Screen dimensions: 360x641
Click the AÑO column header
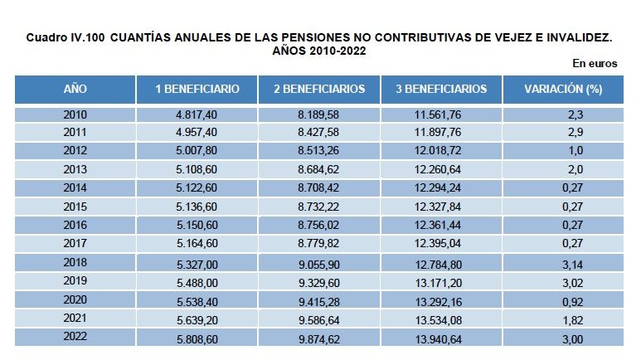click(x=75, y=89)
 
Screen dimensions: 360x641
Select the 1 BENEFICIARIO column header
click(x=197, y=89)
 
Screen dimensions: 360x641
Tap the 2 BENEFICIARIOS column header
click(x=318, y=89)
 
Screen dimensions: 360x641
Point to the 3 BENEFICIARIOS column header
click(x=441, y=89)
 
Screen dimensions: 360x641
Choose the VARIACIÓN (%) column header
click(x=563, y=89)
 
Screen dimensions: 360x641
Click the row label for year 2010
click(x=75, y=114)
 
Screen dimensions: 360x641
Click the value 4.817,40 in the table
click(x=197, y=114)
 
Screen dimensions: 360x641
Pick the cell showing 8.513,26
click(x=318, y=151)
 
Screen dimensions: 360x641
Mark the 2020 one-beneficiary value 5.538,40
click(x=197, y=301)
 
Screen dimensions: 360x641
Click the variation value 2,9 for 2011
click(x=571, y=133)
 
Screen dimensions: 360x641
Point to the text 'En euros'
click(x=595, y=64)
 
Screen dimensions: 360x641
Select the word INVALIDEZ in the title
click(x=571, y=38)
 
